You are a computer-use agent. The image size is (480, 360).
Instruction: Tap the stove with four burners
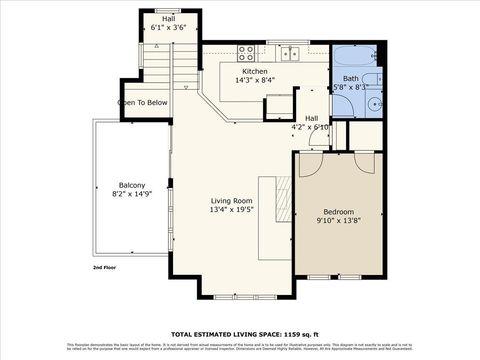[x=246, y=52]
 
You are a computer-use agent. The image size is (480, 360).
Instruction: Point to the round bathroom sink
[x=373, y=102]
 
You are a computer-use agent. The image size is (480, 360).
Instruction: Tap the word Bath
[x=350, y=78]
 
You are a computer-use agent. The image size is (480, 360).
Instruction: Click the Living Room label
[x=231, y=200]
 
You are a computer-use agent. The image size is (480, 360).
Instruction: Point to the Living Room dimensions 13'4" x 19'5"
[x=231, y=209]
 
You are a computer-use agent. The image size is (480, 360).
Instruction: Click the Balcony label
[x=132, y=185]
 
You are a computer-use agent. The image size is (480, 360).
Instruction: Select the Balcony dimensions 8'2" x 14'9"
[x=132, y=194]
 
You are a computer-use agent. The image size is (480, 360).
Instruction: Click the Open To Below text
[x=143, y=102]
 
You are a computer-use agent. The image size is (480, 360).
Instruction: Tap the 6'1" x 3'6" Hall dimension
[x=169, y=28]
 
